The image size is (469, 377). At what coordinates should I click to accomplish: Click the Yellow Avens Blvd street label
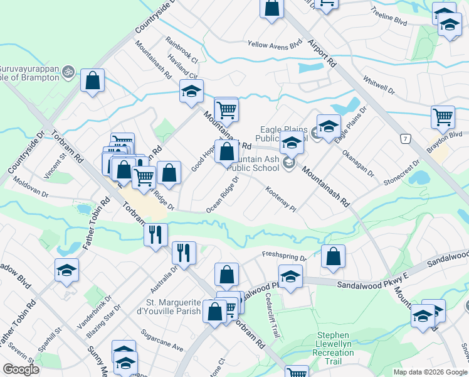click(x=275, y=45)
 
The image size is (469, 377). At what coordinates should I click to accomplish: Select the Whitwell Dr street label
click(x=379, y=86)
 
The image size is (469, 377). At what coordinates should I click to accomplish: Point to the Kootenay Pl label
click(x=280, y=197)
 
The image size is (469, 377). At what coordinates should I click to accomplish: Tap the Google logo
click(x=21, y=369)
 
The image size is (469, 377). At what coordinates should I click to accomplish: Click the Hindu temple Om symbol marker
click(x=69, y=73)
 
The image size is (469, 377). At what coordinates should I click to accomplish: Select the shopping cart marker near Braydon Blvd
click(x=443, y=116)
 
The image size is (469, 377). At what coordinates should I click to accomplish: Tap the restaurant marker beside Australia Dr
click(x=183, y=253)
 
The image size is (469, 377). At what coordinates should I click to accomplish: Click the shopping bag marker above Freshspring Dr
click(x=333, y=256)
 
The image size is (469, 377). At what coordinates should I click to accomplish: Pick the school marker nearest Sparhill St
click(x=66, y=270)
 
